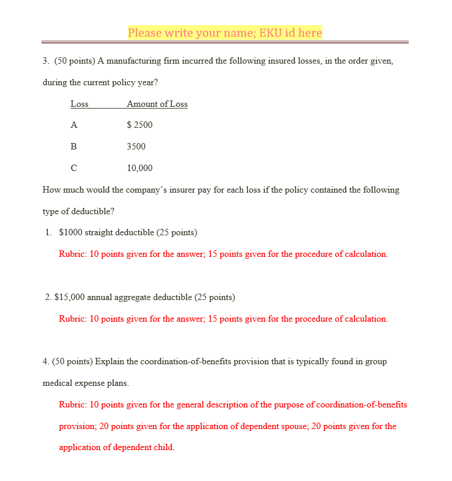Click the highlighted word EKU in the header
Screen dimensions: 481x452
271,33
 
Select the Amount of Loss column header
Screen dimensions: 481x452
157,104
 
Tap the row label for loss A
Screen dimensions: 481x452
74,125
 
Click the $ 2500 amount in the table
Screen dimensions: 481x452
140,125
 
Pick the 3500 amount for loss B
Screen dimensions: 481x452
136,147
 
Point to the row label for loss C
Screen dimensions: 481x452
74,168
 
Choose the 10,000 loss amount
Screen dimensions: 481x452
140,168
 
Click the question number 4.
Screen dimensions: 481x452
46,361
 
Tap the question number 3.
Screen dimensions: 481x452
46,61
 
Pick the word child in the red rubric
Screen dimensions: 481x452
163,448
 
